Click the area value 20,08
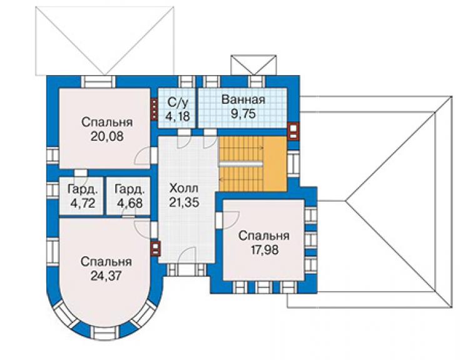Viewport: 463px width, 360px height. [107, 136]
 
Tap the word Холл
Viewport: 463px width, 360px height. [184, 188]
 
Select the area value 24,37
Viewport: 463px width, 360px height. [106, 275]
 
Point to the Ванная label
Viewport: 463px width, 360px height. [243, 100]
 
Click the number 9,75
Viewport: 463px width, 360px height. [243, 113]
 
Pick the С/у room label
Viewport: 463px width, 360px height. [178, 102]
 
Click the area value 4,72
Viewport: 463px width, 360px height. [83, 203]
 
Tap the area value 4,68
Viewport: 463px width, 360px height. [130, 203]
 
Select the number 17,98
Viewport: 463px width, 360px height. [265, 250]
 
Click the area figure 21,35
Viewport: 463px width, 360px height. [184, 202]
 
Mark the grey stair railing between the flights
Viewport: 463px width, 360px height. [240, 164]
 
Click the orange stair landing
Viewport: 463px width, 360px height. [275, 164]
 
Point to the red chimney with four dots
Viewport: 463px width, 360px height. [154, 110]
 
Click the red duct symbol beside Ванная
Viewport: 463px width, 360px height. [293, 131]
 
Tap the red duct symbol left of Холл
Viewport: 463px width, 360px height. [156, 249]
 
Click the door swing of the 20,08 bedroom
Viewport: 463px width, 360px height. [143, 155]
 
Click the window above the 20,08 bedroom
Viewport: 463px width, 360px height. [98, 82]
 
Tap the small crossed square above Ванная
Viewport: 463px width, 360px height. [253, 65]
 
